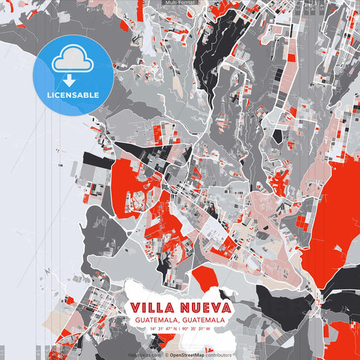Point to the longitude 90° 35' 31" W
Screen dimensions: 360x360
[x=196, y=328]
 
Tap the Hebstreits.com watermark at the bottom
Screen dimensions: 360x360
[x=145, y=355]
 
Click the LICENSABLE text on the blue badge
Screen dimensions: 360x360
[x=72, y=95]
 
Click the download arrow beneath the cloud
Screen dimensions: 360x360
[x=70, y=80]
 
